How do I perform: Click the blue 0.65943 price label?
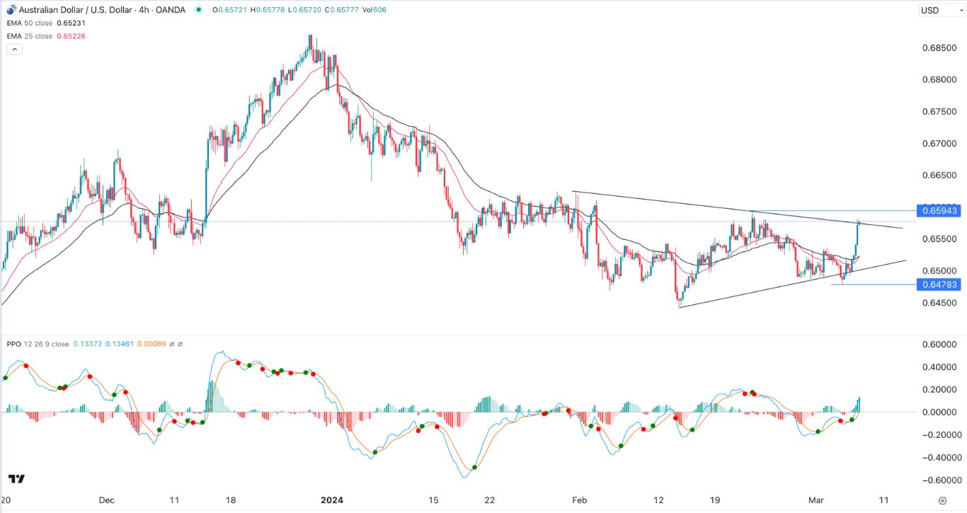[938, 211]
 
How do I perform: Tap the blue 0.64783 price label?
[938, 284]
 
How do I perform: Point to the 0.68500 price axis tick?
[938, 48]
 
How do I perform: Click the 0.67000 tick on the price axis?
[938, 144]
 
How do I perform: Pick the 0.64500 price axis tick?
[938, 303]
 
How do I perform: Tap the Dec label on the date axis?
[106, 500]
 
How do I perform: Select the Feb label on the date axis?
[580, 500]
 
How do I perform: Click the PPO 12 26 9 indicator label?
[37, 344]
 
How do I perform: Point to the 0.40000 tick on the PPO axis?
[938, 367]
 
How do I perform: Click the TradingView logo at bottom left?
[18, 479]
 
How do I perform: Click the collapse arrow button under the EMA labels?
[14, 49]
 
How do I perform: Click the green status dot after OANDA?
[198, 9]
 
